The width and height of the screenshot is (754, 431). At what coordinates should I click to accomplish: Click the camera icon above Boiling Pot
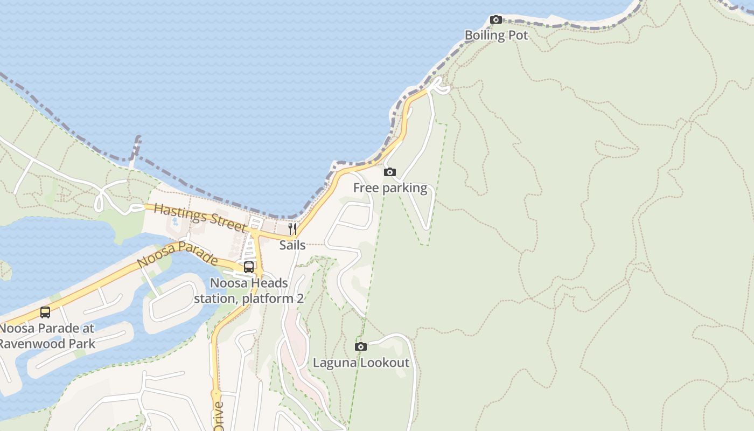point(496,20)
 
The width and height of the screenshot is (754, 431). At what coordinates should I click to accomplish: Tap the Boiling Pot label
point(496,36)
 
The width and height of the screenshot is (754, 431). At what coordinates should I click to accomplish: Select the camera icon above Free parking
point(389,172)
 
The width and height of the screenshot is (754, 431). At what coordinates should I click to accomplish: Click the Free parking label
point(390,188)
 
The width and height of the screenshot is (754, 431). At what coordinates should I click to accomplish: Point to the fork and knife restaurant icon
point(292,229)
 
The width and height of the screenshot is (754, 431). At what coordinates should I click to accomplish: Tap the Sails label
point(292,245)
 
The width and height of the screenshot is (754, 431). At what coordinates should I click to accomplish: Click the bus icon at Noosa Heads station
point(249,267)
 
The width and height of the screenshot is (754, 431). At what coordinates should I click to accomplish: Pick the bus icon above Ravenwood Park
point(45,312)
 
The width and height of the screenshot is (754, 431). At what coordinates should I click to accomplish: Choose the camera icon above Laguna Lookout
point(361,346)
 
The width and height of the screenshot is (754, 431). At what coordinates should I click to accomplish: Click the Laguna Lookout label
point(361,363)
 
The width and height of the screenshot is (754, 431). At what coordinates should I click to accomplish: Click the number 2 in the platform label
point(299,298)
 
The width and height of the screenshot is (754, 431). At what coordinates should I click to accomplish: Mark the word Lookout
point(385,363)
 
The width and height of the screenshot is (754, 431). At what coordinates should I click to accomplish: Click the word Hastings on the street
point(180,213)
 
